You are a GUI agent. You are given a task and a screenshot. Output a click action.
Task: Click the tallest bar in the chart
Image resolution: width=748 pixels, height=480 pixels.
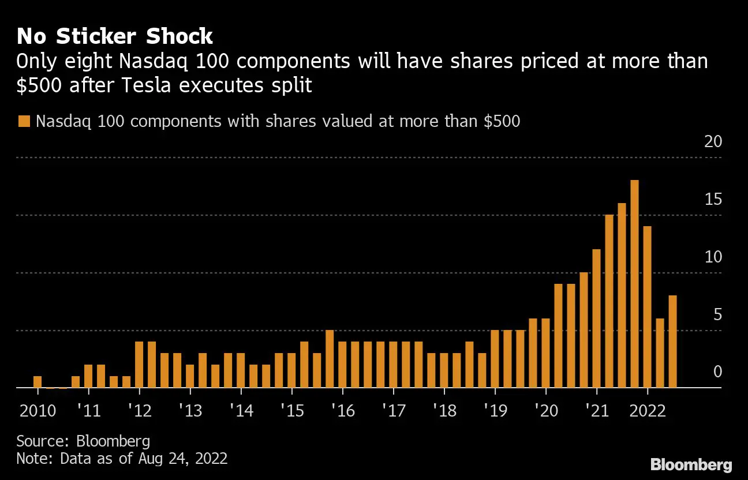[x=634, y=284]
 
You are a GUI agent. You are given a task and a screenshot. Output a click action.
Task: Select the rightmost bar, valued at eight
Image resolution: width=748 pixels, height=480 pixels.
[x=672, y=342]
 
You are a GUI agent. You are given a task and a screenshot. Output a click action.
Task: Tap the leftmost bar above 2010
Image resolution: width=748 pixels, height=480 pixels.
[x=38, y=382]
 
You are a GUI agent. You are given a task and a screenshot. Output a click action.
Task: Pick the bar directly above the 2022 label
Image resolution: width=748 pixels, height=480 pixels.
[x=647, y=307]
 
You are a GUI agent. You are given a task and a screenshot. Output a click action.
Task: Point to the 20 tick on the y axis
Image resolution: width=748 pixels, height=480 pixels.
[x=713, y=142]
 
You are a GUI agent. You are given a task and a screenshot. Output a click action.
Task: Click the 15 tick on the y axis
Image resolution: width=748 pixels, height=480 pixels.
[x=713, y=200]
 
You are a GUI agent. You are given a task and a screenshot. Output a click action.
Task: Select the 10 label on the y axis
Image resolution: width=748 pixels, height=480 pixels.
[x=713, y=257]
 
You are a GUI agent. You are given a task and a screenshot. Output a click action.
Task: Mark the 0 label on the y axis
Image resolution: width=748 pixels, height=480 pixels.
[x=717, y=372]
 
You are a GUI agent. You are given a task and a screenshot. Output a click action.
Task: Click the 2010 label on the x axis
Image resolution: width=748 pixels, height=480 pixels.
[x=38, y=411]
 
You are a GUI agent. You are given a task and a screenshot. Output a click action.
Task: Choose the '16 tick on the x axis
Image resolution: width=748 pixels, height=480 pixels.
[x=342, y=411]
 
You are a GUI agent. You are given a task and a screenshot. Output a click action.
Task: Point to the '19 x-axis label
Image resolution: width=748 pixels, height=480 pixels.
[x=495, y=411]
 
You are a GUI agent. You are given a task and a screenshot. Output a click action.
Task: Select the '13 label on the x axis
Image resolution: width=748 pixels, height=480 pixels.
[x=190, y=411]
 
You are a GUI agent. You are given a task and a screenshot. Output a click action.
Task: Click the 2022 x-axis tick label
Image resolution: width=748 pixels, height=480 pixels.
[x=647, y=411]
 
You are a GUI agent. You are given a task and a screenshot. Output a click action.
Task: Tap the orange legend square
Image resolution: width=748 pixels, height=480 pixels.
[x=24, y=122]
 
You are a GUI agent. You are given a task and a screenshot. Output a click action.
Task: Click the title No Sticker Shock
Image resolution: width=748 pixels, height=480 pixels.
[x=115, y=37]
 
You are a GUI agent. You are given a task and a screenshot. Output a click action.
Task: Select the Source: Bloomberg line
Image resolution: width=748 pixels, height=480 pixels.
[x=83, y=441]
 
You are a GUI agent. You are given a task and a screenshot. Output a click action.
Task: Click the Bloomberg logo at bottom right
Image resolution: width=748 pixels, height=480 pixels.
[x=691, y=464]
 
